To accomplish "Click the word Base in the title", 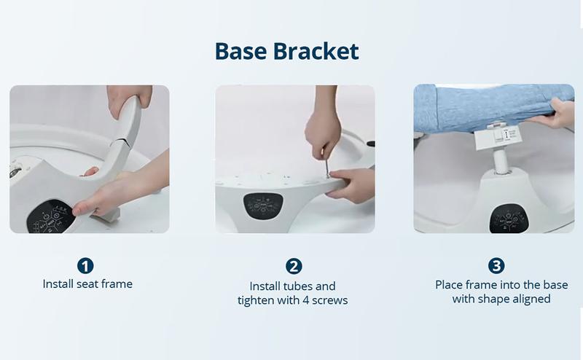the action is tap(240, 51).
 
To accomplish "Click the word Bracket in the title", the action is tap(316, 51).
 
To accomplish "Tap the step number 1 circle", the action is tap(85, 266).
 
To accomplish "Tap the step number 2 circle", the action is tap(294, 266).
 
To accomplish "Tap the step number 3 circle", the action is tap(496, 265).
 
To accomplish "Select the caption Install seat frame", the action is tap(87, 284).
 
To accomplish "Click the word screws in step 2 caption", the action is tap(330, 300).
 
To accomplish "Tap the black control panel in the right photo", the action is tap(509, 219).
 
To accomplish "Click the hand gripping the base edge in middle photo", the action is tap(351, 185).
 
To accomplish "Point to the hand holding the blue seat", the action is tap(552, 114).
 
